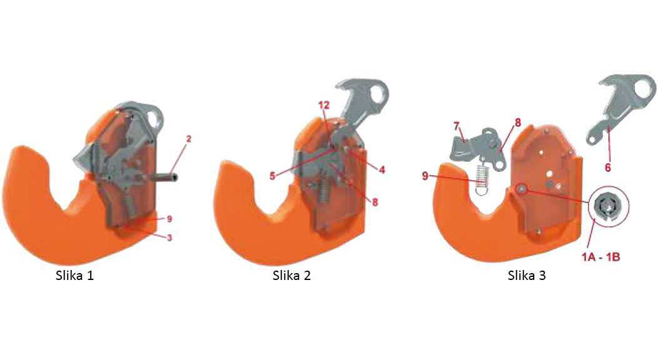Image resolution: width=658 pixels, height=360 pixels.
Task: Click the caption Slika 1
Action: [74, 276]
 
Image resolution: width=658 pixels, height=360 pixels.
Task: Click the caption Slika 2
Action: [291, 276]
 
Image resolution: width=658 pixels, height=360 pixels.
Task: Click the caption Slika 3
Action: [527, 276]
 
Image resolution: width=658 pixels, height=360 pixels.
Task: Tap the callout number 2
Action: [189, 139]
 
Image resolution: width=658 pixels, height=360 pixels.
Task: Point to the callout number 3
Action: [170, 237]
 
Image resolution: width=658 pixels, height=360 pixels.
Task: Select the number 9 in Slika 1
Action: [169, 219]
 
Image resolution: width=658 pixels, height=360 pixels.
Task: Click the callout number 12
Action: [323, 105]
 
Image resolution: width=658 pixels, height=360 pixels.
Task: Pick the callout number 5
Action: [272, 176]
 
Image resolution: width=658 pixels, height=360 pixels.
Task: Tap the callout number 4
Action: [382, 170]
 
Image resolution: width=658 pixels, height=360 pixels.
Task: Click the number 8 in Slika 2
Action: [375, 202]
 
